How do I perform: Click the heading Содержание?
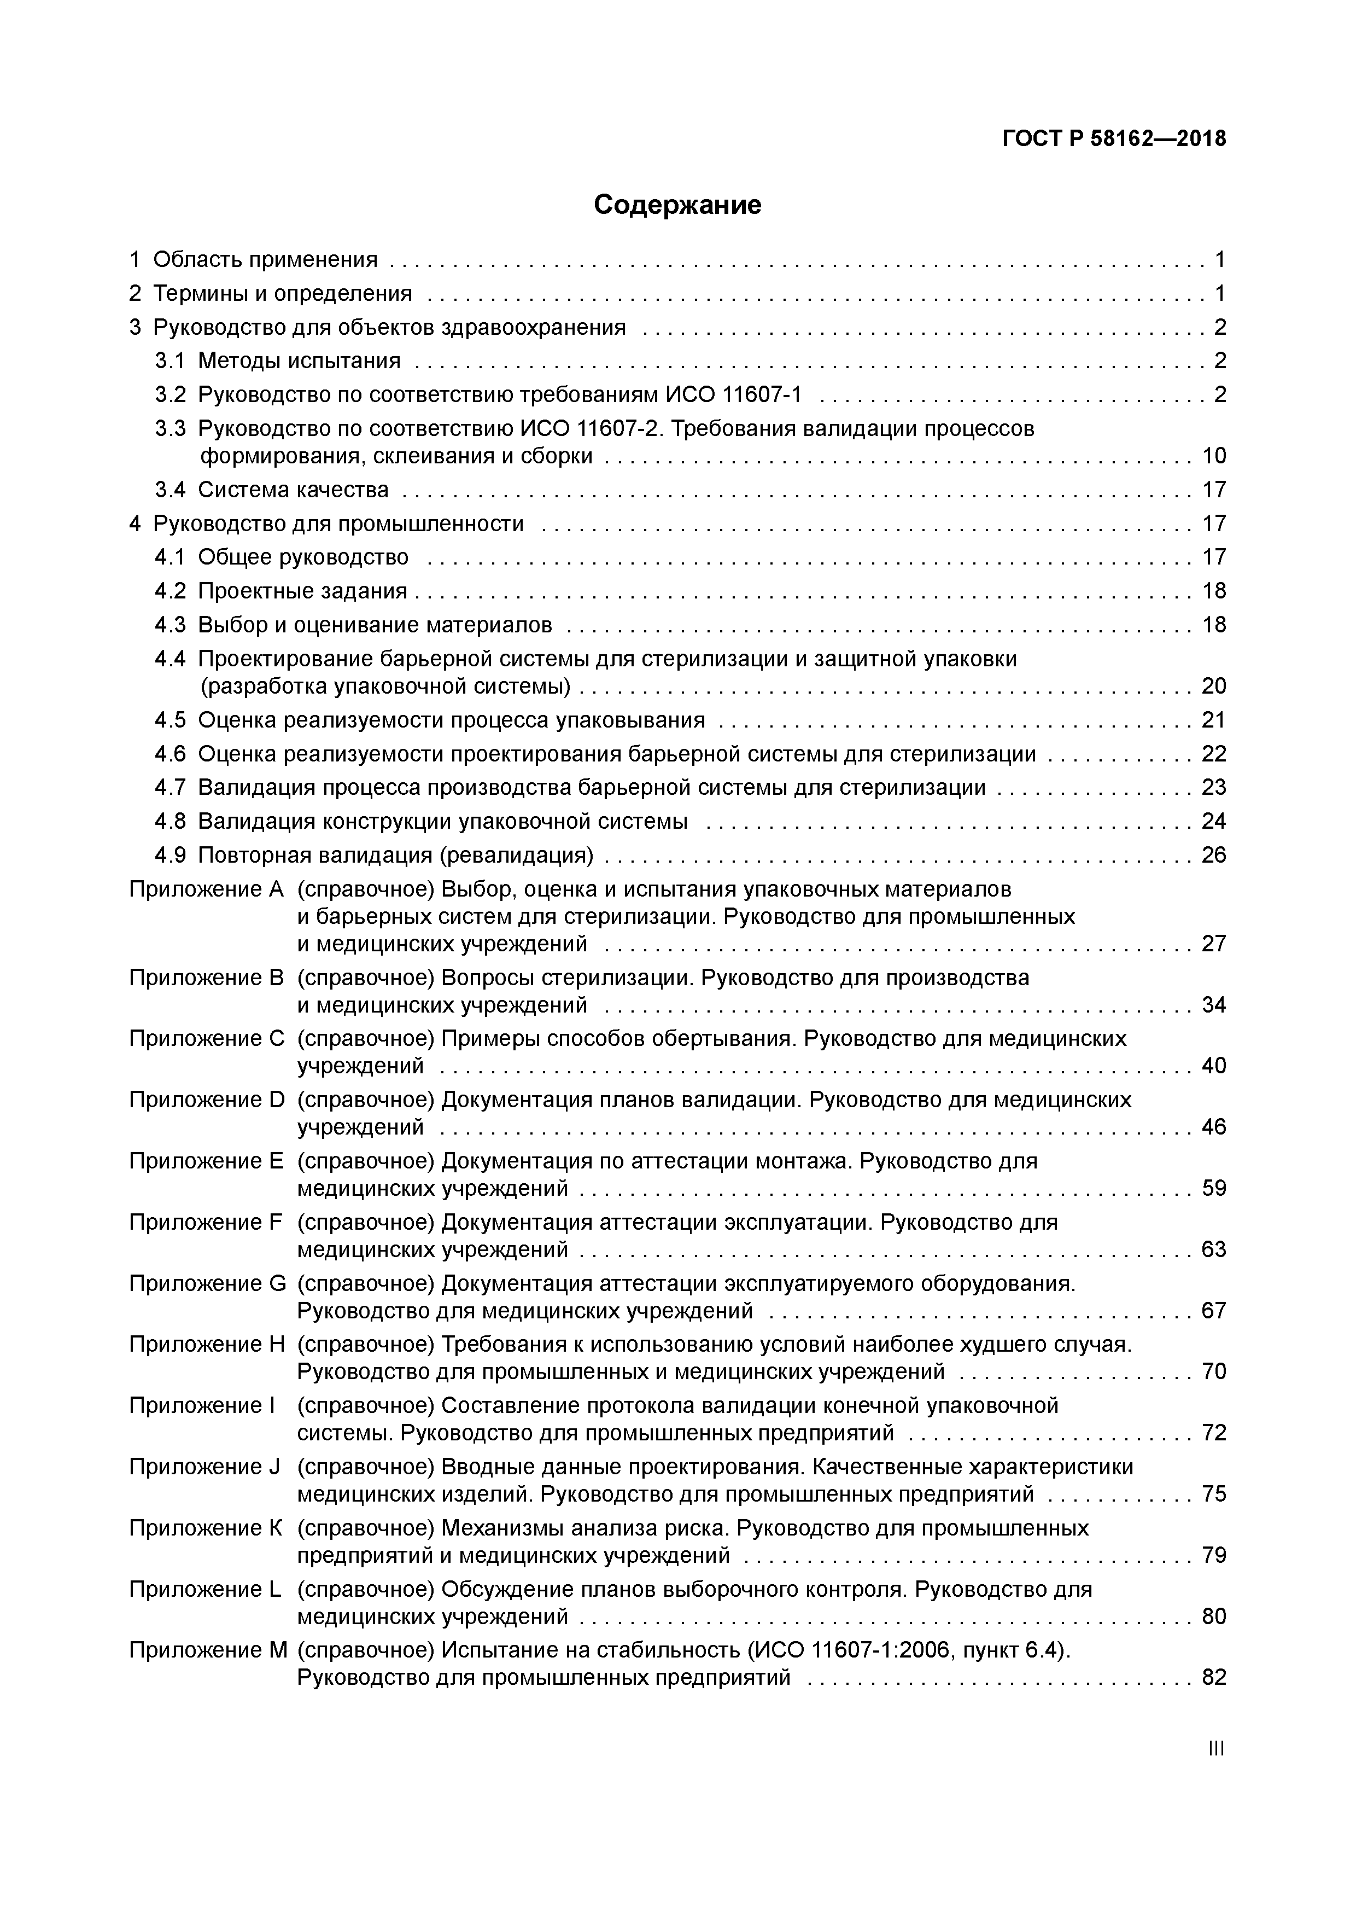point(677,205)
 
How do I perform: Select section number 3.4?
point(169,490)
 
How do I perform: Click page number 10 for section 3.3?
point(1213,456)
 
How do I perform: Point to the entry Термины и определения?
point(282,293)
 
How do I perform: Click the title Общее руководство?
point(303,557)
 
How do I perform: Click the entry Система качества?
point(293,490)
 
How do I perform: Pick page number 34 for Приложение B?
point(1213,1005)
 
